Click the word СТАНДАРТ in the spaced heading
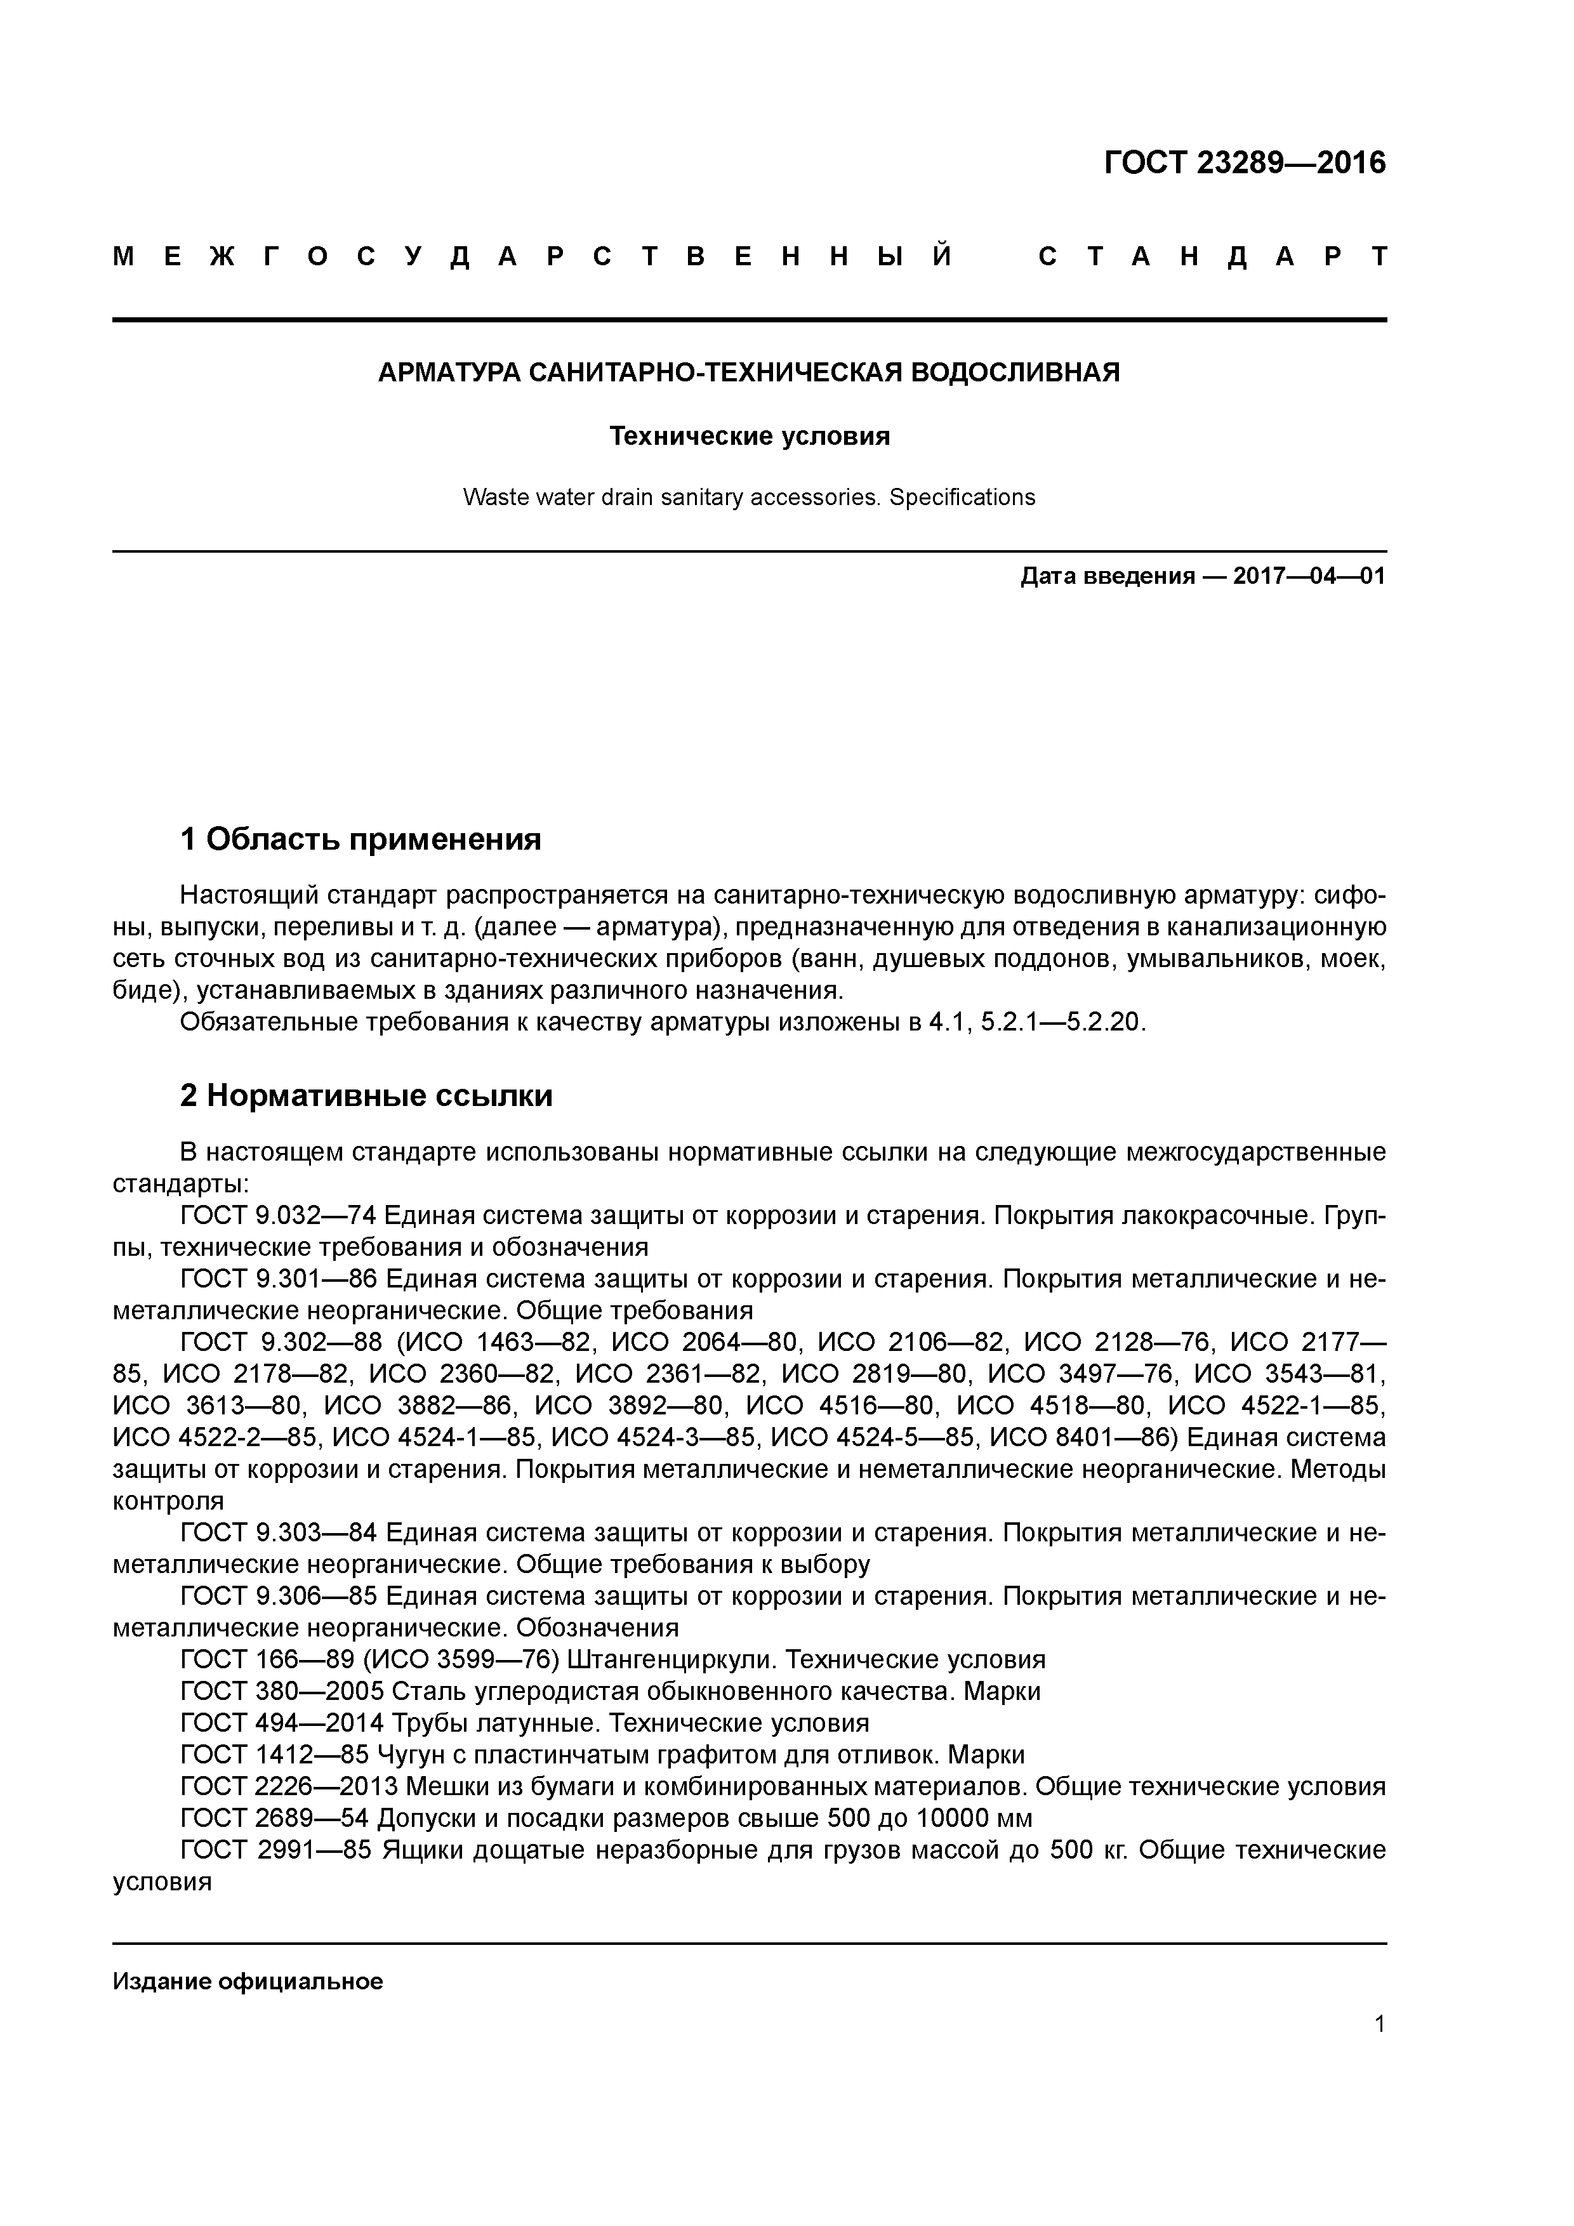tap(1212, 257)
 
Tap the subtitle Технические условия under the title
tap(749, 437)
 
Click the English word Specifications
tap(962, 497)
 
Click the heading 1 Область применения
tap(360, 839)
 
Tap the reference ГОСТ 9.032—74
tap(279, 1216)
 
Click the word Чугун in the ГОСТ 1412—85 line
tap(408, 1755)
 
